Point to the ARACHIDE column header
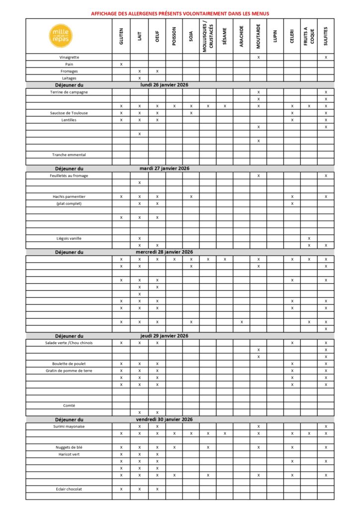241,36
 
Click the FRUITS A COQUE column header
309,36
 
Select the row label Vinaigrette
69,57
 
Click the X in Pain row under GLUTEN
121,64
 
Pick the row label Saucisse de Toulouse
69,113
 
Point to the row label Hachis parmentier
69,196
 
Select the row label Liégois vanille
69,238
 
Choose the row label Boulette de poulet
69,363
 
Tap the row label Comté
69,405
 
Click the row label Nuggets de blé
69,447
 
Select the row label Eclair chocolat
69,489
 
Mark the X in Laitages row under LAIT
139,78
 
